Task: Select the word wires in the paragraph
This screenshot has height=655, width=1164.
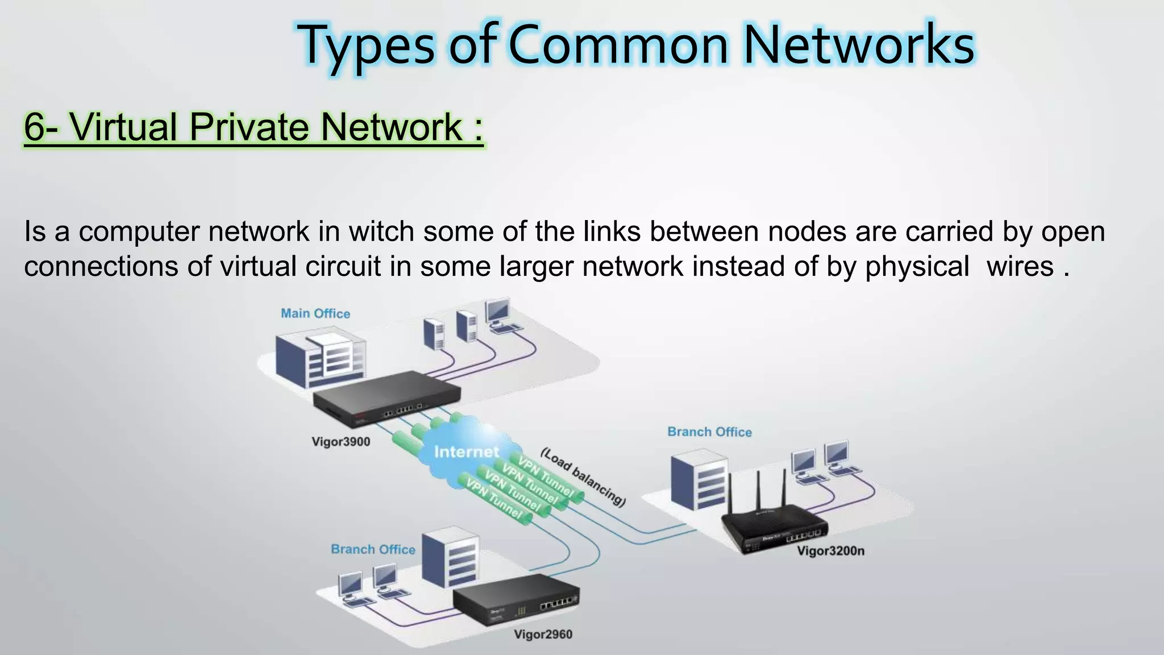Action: [x=1020, y=266]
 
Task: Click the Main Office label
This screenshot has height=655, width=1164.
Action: [x=315, y=313]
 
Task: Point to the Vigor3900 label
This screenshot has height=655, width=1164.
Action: [x=341, y=442]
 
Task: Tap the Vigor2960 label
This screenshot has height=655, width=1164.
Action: [x=543, y=635]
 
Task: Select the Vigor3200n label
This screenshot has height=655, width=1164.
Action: [x=830, y=550]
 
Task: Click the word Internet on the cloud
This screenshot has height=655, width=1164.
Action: [x=466, y=452]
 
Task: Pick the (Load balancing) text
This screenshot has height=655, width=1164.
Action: [x=583, y=476]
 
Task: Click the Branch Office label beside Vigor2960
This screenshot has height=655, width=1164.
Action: [x=373, y=549]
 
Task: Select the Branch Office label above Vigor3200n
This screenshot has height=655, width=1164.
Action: [x=709, y=432]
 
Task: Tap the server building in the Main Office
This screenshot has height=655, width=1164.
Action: [x=320, y=358]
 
